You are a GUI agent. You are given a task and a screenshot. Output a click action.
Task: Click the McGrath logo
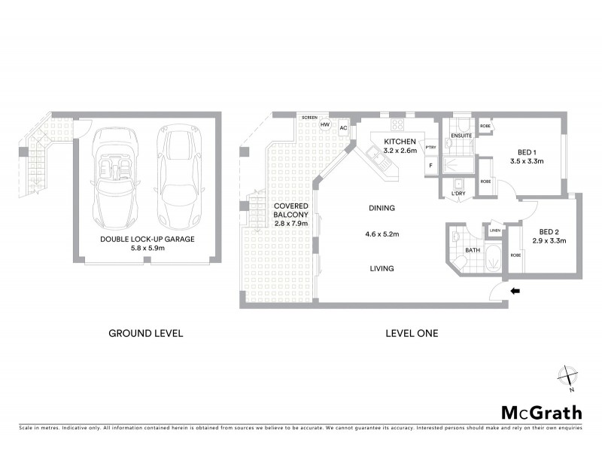pos(541,412)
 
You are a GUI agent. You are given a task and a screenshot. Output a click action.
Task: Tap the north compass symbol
pos(566,377)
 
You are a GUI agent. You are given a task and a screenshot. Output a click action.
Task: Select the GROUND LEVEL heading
pos(146,332)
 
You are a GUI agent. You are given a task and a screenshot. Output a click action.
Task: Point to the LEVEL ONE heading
pos(412,332)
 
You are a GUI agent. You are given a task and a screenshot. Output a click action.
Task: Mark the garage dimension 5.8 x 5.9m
pos(147,249)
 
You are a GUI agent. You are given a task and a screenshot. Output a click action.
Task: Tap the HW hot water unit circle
pos(325,125)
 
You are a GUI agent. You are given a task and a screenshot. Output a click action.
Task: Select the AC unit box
pos(342,127)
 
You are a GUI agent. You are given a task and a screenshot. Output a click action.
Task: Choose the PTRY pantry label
pos(431,148)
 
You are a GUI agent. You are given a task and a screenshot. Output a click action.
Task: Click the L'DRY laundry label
pos(459,194)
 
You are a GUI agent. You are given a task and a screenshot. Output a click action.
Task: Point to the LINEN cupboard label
pos(494,231)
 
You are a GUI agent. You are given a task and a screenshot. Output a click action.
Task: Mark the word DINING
pos(382,208)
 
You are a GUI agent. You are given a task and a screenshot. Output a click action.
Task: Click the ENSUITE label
pos(460,136)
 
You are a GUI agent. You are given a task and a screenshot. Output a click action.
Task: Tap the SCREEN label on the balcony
pos(309,118)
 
